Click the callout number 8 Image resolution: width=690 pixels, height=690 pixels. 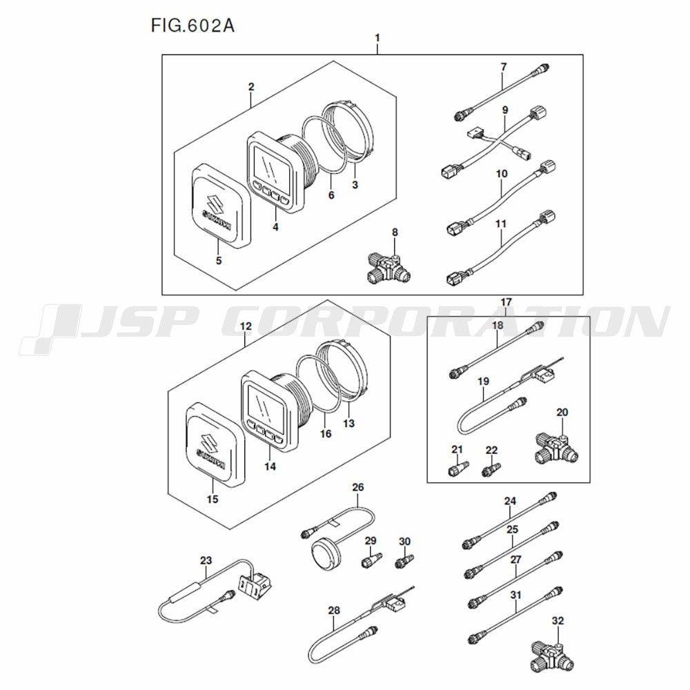pos(395,233)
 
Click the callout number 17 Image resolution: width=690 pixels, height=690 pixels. pos(506,302)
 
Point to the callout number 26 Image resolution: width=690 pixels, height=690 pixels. pos(357,487)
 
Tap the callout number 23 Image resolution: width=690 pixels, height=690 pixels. pos(206,560)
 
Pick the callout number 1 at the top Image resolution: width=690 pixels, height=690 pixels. pos(377,37)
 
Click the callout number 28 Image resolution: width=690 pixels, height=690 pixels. pos(334,610)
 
